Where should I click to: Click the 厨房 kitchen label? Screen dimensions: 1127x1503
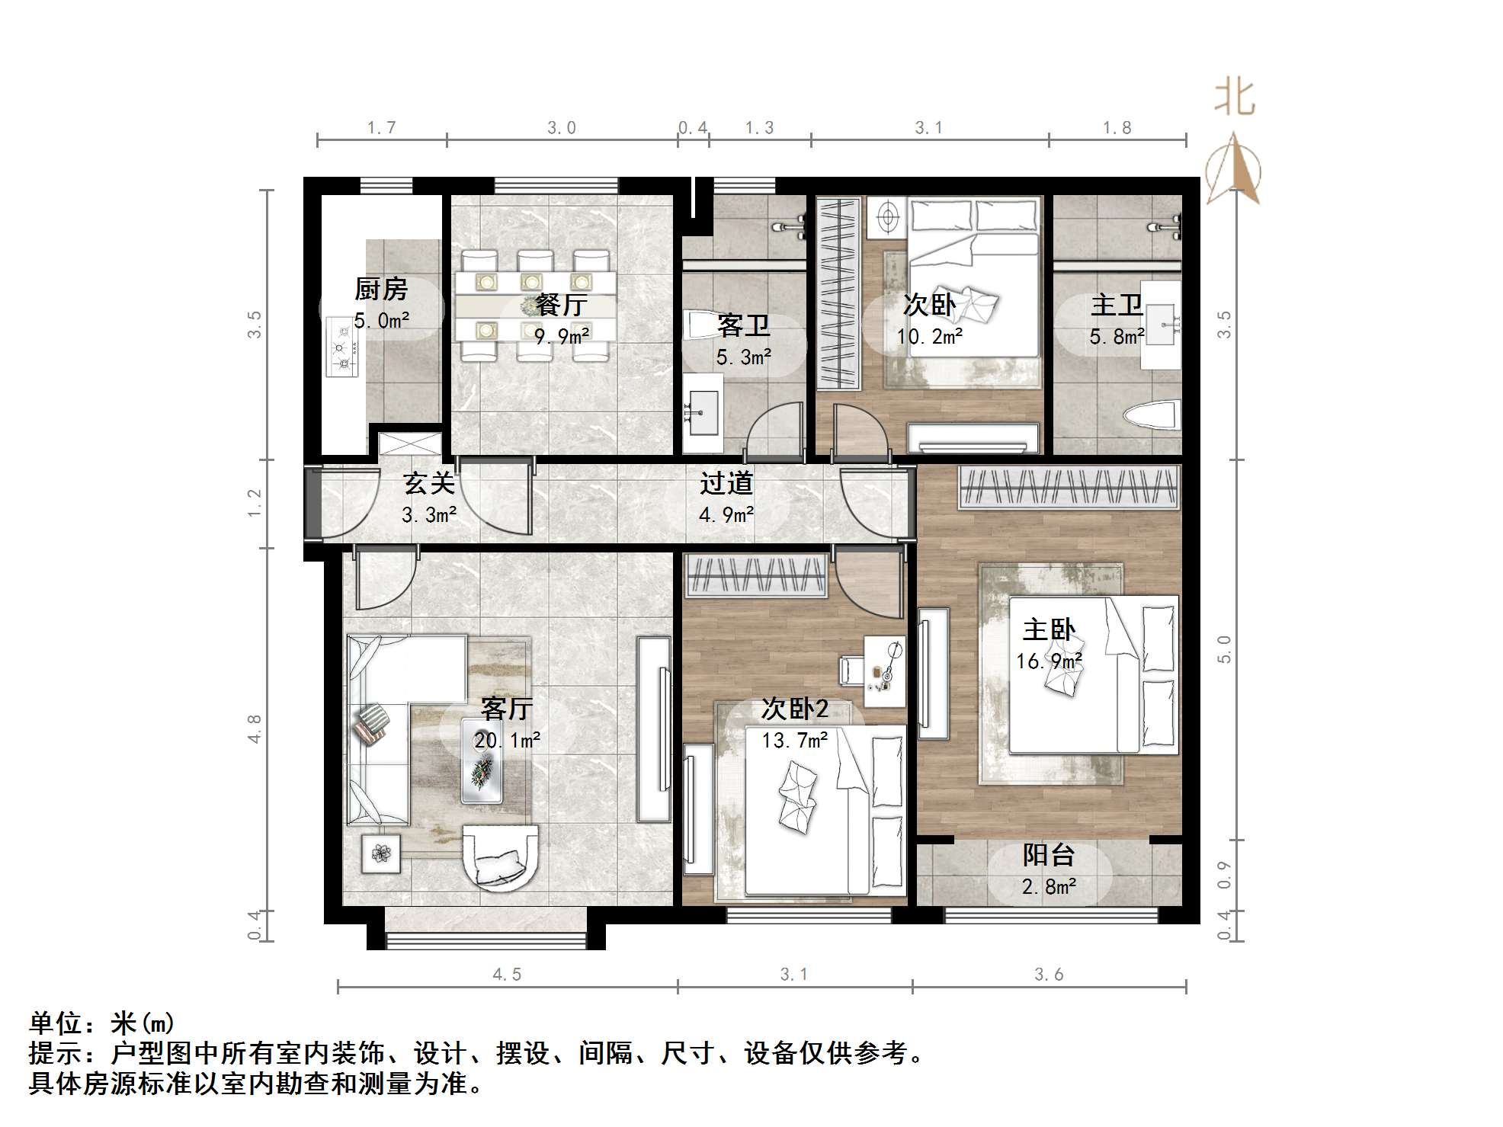point(381,289)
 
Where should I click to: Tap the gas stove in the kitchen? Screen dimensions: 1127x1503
point(342,347)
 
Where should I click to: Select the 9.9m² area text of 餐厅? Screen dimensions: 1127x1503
point(562,335)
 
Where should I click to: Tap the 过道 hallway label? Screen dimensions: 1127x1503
point(726,483)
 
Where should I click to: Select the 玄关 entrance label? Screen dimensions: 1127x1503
point(429,483)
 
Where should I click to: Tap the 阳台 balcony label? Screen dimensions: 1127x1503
point(1049,855)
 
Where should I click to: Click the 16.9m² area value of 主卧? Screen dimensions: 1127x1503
point(1049,661)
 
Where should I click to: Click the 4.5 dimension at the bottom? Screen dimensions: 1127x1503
point(507,975)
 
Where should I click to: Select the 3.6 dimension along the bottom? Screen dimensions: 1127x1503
point(1049,975)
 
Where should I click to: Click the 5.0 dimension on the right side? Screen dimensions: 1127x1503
point(1224,649)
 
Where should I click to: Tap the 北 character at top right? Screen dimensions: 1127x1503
point(1235,99)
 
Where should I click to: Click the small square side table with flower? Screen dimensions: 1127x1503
point(380,853)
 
